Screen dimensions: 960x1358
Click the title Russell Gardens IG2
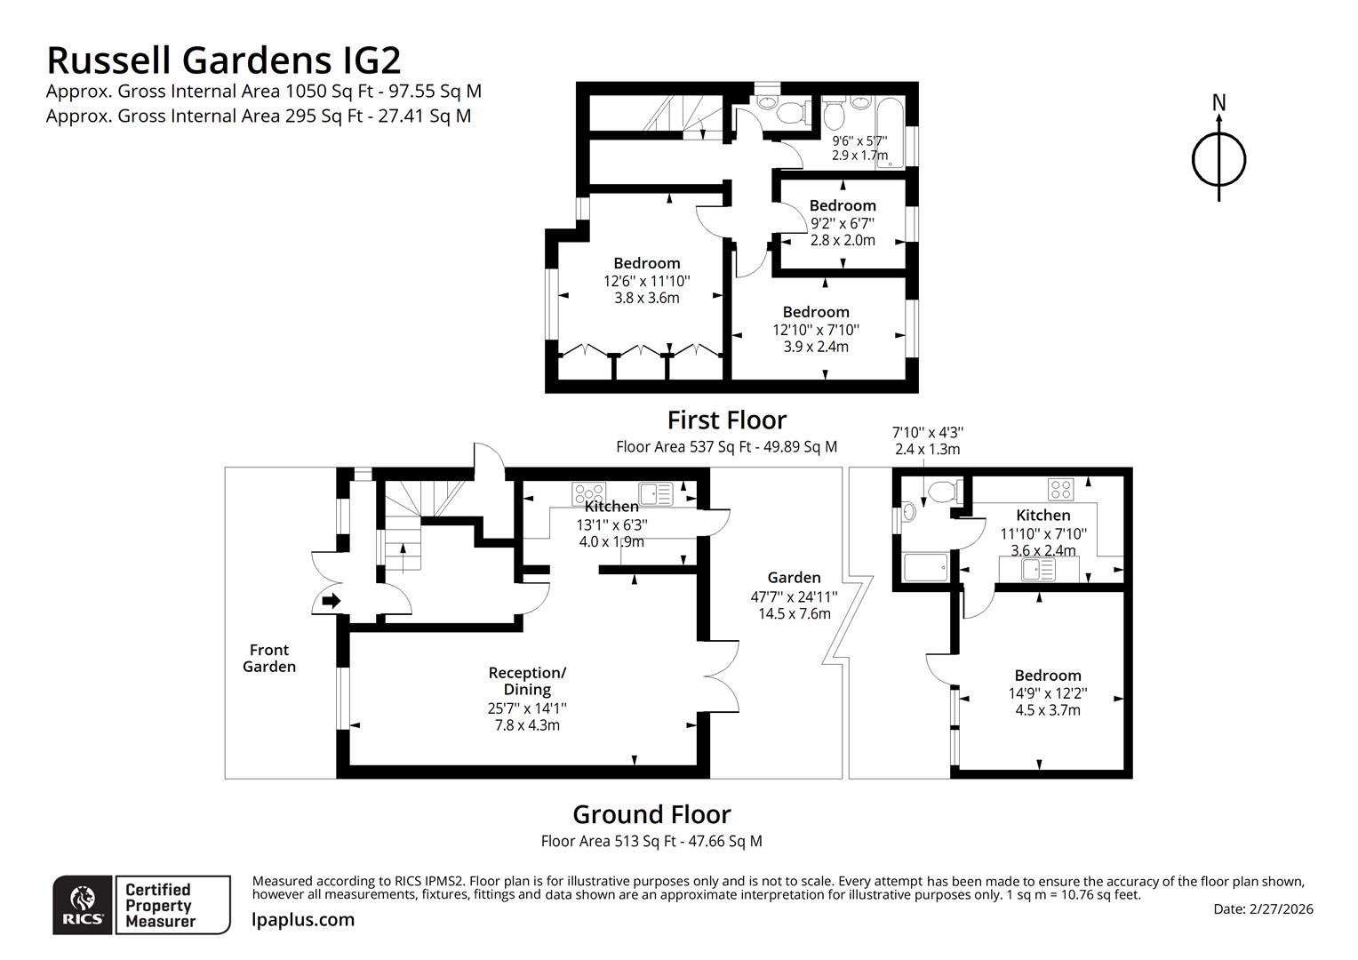[x=223, y=60]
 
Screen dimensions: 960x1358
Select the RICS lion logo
[x=84, y=906]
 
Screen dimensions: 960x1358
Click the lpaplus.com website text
[x=303, y=920]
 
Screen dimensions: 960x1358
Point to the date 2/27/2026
[x=1281, y=908]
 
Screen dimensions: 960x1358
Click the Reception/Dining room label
[x=527, y=681]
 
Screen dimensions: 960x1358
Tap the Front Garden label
[x=269, y=658]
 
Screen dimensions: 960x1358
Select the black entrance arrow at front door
[x=331, y=602]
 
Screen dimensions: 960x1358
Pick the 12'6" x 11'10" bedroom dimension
[x=646, y=281]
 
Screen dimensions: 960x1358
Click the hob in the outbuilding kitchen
[x=1061, y=488]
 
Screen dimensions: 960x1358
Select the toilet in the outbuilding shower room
[x=940, y=491]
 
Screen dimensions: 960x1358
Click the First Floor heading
[x=726, y=420]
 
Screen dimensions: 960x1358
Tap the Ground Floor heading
[x=651, y=814]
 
